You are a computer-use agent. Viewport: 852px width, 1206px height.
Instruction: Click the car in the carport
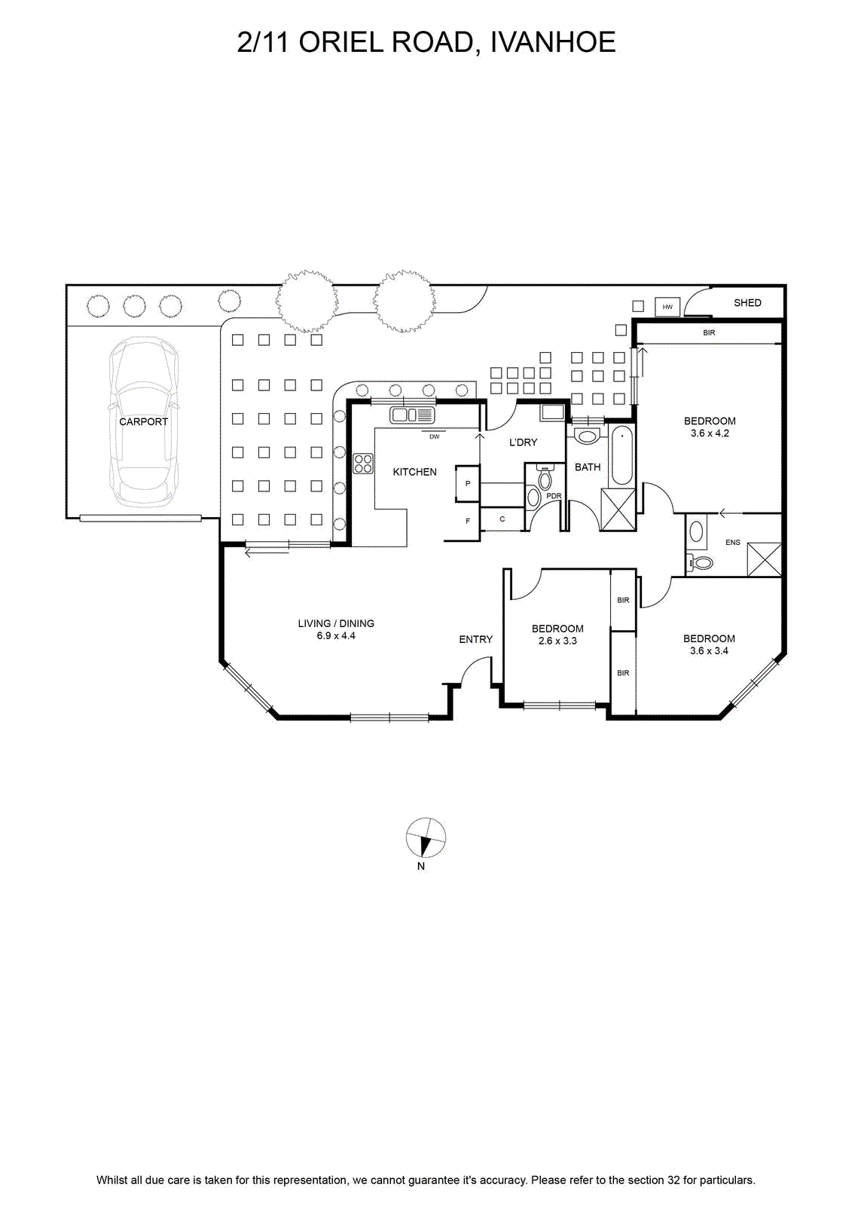click(x=143, y=422)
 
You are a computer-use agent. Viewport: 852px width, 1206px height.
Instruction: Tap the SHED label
click(x=747, y=302)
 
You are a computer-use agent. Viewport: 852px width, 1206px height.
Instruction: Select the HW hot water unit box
click(x=667, y=307)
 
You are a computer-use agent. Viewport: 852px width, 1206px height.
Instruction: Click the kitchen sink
click(x=412, y=415)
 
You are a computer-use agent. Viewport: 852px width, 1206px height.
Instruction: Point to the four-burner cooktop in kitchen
click(x=363, y=464)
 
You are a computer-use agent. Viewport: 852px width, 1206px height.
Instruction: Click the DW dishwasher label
click(x=435, y=436)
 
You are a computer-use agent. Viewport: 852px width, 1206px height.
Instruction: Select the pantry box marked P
click(x=467, y=483)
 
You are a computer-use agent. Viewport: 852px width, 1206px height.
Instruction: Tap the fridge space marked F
click(x=468, y=521)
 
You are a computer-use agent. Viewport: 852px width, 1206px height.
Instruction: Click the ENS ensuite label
click(x=732, y=542)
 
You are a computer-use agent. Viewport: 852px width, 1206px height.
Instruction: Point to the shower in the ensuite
click(x=764, y=559)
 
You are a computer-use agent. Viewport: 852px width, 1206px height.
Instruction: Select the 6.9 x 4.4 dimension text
click(x=336, y=635)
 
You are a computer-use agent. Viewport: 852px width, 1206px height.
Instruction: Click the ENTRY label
click(x=476, y=639)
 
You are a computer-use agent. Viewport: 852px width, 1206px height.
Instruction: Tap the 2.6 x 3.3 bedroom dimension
click(x=557, y=641)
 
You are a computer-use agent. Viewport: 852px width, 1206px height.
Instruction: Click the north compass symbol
click(x=426, y=837)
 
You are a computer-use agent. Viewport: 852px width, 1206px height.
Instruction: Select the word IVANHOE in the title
click(x=553, y=42)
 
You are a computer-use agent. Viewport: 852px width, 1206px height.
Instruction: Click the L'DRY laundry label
click(x=523, y=442)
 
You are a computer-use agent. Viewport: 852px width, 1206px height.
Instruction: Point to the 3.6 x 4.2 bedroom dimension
click(x=710, y=433)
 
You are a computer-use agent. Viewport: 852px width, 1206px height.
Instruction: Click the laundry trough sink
click(x=552, y=413)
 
